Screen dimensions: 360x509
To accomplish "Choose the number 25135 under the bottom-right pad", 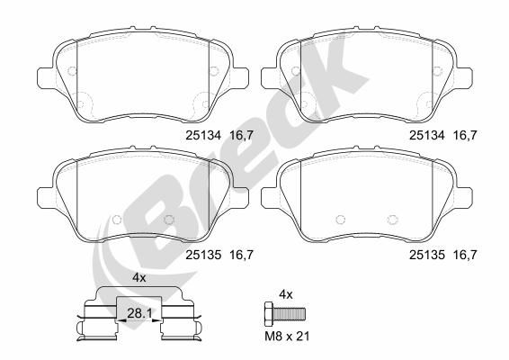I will (x=427, y=255).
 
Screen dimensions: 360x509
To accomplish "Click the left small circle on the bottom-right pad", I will (x=338, y=219).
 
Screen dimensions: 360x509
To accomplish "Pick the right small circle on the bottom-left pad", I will (x=168, y=219).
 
